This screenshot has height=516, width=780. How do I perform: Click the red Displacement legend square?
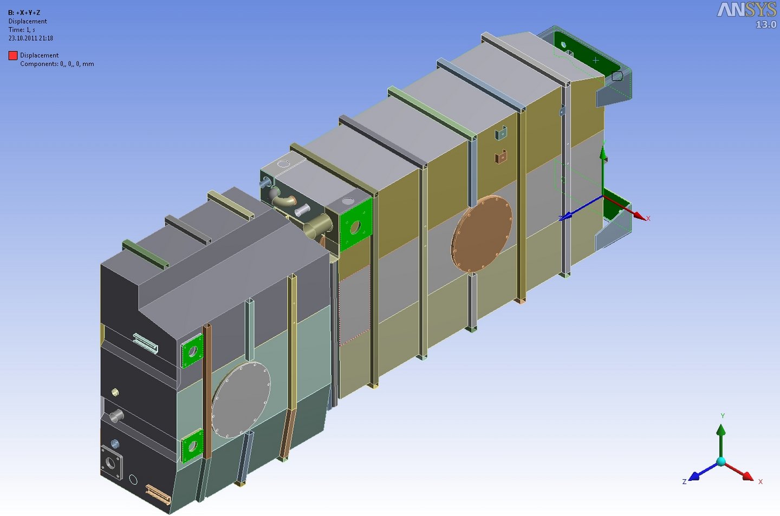13,55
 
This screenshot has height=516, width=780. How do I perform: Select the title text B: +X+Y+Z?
24,12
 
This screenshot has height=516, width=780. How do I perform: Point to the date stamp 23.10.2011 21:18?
31,38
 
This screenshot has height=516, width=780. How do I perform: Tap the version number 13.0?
766,24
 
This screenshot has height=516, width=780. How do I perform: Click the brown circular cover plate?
482,233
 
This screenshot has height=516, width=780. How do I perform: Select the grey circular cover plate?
241,400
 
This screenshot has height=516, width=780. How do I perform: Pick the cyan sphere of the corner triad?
721,462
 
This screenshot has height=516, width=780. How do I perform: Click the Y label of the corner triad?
723,416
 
